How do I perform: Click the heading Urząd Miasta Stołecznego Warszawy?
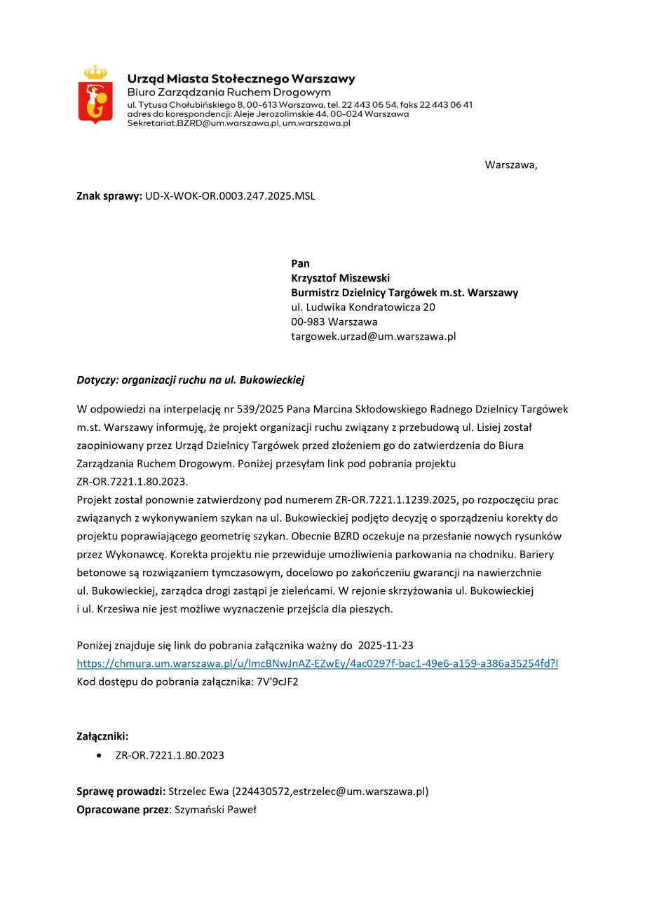pos(240,79)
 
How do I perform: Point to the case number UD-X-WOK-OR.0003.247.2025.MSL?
pos(230,196)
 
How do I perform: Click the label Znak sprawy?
pos(109,196)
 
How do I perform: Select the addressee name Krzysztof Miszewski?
pos(340,278)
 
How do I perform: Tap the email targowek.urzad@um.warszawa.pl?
pos(373,336)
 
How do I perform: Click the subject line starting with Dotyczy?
pos(190,380)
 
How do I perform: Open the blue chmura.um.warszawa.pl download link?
pos(317,663)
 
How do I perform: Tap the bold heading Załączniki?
pos(102,736)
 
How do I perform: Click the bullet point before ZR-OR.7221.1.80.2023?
pos(101,755)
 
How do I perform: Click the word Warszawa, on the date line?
pos(510,165)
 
